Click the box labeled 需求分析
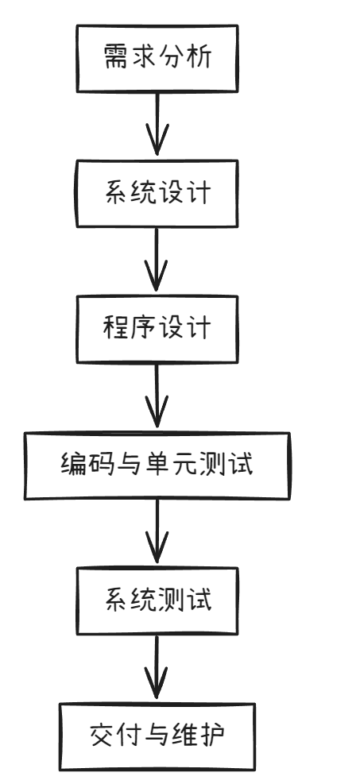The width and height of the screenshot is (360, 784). pyautogui.click(x=157, y=57)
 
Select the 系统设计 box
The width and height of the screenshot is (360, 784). pyautogui.click(x=157, y=193)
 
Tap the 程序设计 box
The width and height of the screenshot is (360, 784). pyautogui.click(x=157, y=328)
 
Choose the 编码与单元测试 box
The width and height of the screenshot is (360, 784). pyautogui.click(x=157, y=465)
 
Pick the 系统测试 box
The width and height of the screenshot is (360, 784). pyautogui.click(x=157, y=600)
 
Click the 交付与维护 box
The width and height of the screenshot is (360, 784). pyautogui.click(x=157, y=736)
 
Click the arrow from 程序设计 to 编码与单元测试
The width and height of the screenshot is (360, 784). pyautogui.click(x=157, y=396)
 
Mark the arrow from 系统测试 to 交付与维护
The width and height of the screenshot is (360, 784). pyautogui.click(x=157, y=668)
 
